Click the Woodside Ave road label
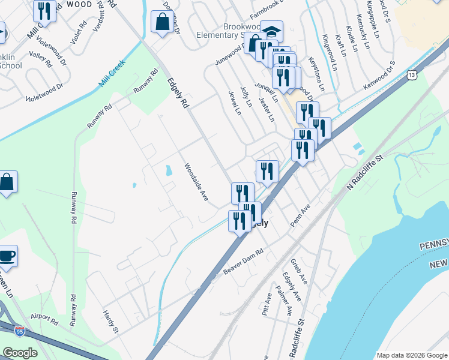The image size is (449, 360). pos(196,182)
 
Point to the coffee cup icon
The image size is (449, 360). pos(7,256)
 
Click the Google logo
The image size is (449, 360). pos(19,353)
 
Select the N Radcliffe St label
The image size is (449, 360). pos(364,175)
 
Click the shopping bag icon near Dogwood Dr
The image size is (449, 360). pos(162,22)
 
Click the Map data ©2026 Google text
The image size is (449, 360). pos(411,355)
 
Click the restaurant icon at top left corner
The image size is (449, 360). pos(44,10)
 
